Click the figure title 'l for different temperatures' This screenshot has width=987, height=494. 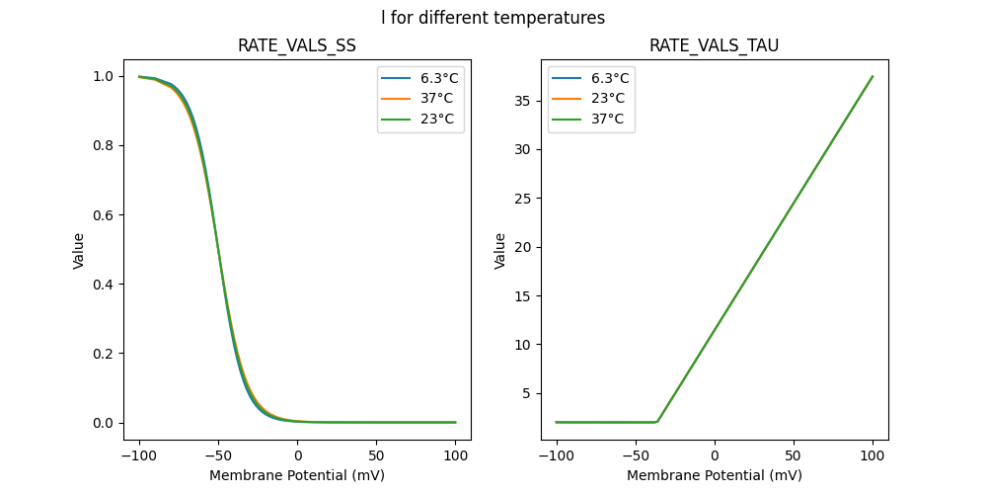pyautogui.click(x=493, y=18)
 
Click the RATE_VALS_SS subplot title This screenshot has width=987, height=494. pyautogui.click(x=296, y=45)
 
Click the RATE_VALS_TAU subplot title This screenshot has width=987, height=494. pyautogui.click(x=714, y=45)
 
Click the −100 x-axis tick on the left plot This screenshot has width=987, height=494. pyautogui.click(x=139, y=455)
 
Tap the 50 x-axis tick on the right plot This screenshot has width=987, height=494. pyautogui.click(x=794, y=455)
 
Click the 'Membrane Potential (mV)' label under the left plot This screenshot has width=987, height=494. pyautogui.click(x=296, y=475)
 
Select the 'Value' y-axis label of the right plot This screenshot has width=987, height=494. pyautogui.click(x=500, y=251)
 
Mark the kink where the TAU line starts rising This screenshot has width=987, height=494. pyautogui.click(x=657, y=422)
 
